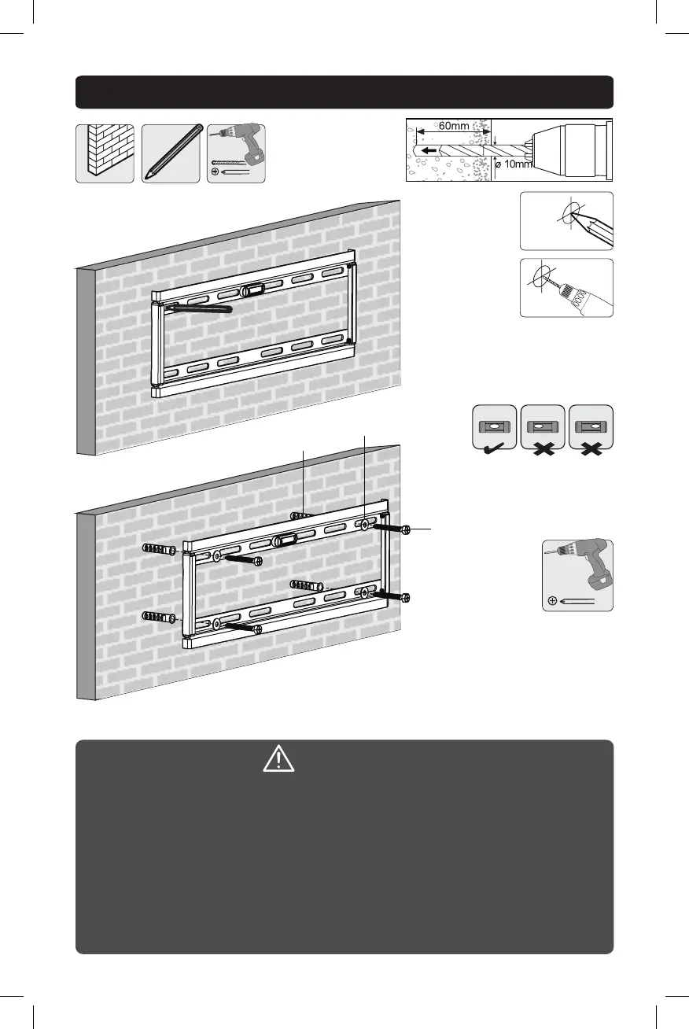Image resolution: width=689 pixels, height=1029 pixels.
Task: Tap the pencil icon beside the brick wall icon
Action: point(170,153)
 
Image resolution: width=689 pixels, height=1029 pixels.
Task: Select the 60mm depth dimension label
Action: point(453,126)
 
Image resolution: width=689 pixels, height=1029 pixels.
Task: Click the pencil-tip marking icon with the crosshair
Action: point(566,221)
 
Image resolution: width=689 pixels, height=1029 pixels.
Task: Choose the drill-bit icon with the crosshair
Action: point(566,288)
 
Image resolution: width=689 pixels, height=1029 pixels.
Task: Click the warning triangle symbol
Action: point(278,758)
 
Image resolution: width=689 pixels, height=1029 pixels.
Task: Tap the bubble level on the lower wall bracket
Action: point(285,540)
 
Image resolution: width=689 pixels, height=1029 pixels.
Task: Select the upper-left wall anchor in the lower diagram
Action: point(159,548)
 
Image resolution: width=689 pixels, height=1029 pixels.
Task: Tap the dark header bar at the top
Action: point(344,92)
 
